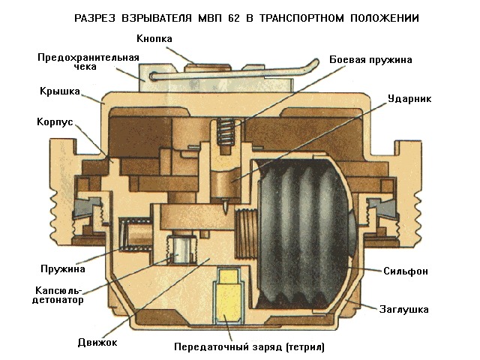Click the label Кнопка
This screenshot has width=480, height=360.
coord(155,37)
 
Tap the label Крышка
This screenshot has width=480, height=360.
coord(60,91)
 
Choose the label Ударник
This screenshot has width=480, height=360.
coord(409,97)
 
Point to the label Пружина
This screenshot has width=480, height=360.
coord(64,267)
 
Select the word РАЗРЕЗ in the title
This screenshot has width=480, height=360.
coord(96,16)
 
